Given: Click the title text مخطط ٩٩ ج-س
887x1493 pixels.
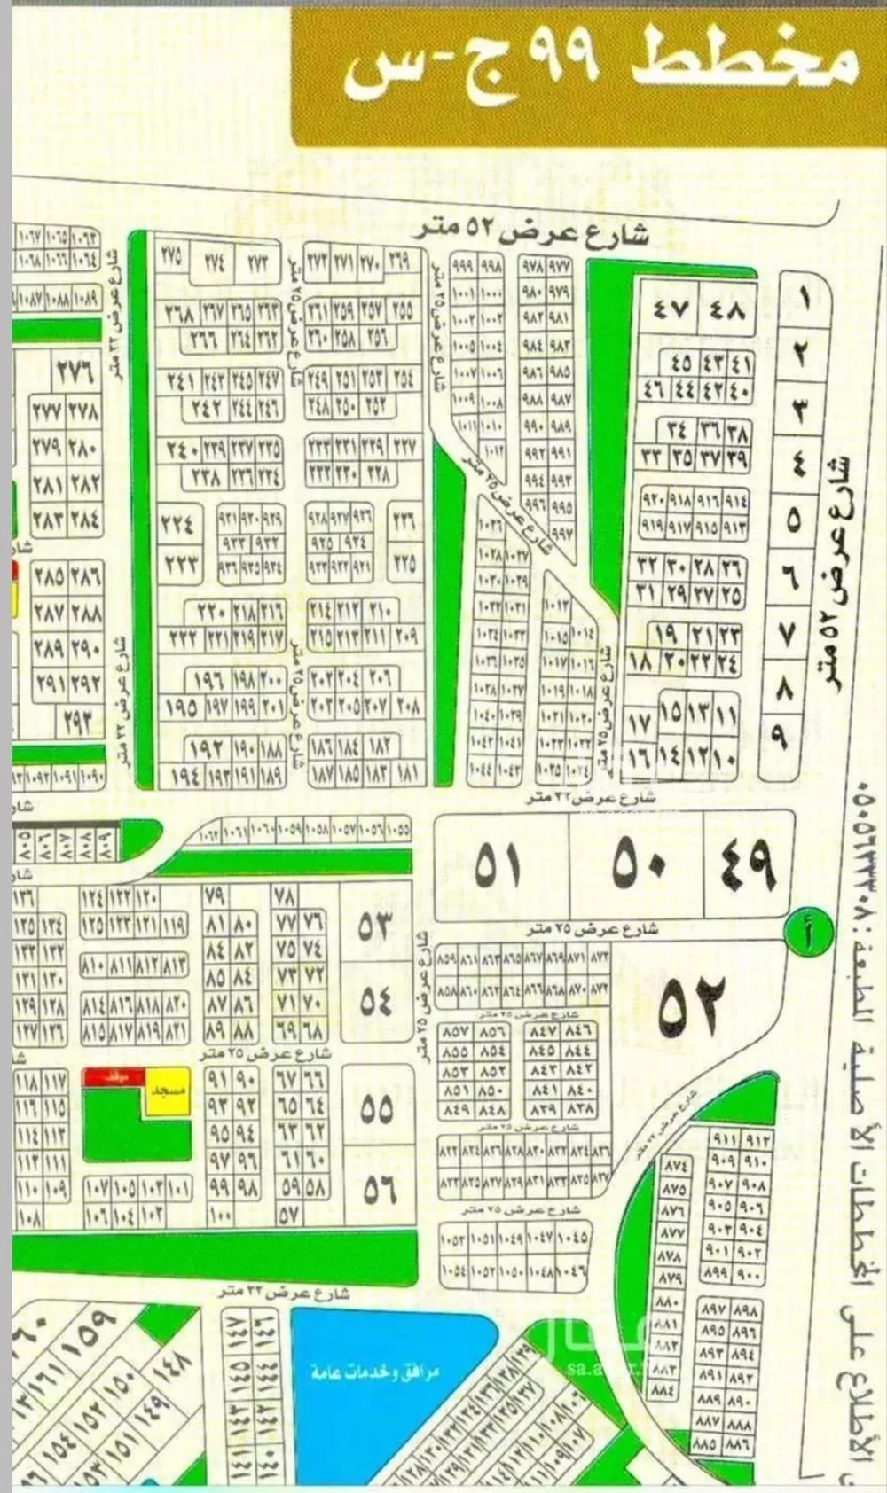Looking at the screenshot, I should coord(601,61).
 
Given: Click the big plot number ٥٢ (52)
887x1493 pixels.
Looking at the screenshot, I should coord(692,1005).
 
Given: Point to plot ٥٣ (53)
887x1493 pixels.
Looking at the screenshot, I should coord(375,927).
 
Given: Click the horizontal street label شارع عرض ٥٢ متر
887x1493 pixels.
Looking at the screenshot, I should coord(532,233).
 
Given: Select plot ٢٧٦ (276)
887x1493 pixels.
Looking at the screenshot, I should coord(75,371).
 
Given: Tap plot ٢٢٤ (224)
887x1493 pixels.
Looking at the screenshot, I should coord(178,524).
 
